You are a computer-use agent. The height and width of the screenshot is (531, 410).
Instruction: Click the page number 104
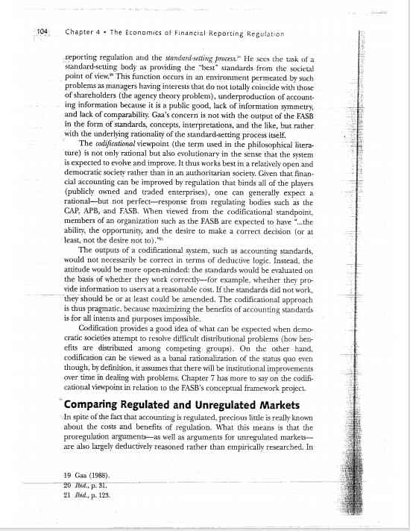click(42, 31)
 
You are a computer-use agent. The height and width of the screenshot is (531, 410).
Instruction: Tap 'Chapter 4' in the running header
click(83, 32)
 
